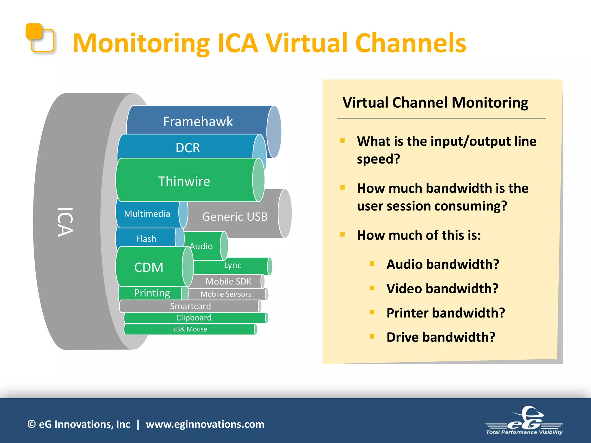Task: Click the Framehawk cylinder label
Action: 198,121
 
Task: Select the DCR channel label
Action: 188,148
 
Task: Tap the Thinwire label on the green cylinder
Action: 184,181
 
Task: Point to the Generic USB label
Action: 235,217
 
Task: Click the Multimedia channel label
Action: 147,214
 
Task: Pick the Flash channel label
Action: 146,239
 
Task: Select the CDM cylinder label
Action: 149,267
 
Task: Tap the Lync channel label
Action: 233,265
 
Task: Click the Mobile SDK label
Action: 228,281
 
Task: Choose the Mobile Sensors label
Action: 226,294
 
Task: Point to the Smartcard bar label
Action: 190,306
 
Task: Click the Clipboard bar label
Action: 194,318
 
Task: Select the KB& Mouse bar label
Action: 190,329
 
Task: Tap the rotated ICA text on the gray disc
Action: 65,221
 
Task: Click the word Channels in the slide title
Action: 410,43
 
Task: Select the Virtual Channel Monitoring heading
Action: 435,102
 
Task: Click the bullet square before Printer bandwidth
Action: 372,312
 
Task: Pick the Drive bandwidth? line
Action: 441,337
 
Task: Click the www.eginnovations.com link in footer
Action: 205,424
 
